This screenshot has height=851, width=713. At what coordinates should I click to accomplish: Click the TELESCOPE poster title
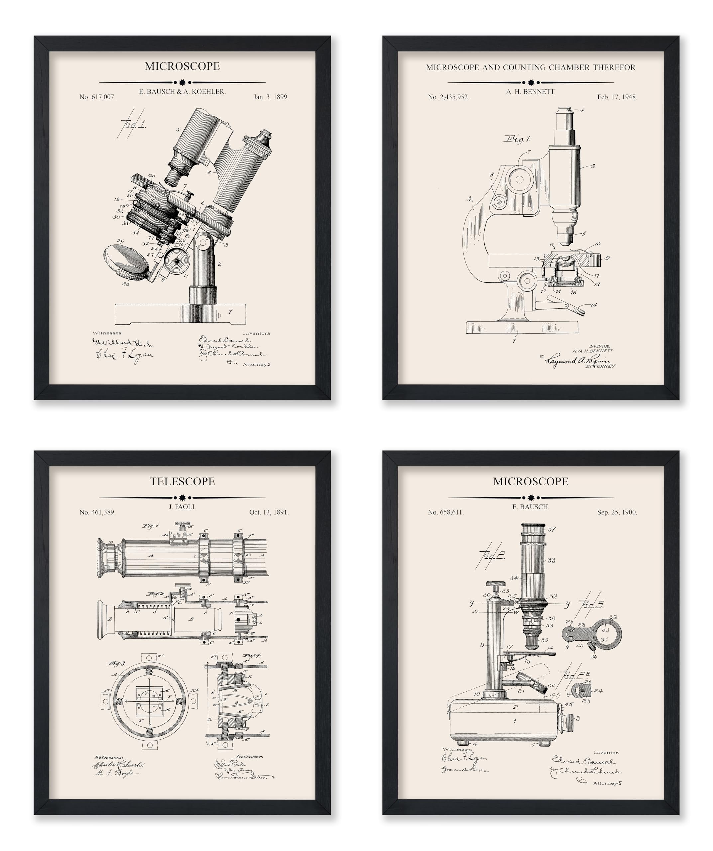coord(182,481)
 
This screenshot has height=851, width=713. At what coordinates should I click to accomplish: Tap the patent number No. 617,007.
coord(97,97)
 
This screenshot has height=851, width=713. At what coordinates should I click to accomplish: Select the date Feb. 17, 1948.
coord(617,97)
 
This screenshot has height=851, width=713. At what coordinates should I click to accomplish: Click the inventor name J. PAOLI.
coord(182,507)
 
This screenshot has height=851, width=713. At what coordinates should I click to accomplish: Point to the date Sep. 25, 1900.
coord(617,512)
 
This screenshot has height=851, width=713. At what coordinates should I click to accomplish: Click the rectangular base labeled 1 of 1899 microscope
coord(180,314)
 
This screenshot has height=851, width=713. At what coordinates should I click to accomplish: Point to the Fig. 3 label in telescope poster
coord(117,664)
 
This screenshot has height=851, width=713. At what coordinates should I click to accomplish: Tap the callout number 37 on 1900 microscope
coord(552,529)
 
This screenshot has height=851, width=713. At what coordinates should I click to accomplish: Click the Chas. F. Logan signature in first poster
coord(124,355)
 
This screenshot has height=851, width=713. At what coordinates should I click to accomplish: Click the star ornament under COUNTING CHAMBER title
coord(531,83)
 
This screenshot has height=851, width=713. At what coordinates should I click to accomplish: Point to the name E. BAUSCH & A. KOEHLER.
coord(182,92)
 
